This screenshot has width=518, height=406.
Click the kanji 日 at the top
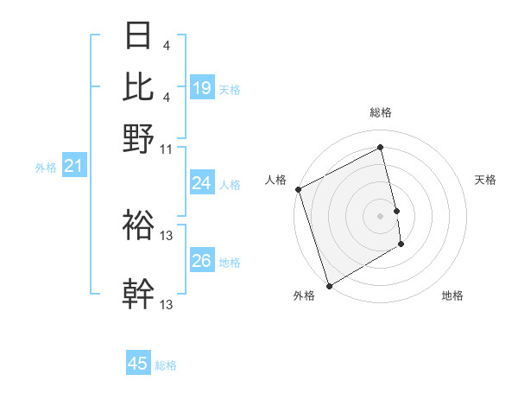pyautogui.click(x=138, y=36)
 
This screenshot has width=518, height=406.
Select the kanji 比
pyautogui.click(x=138, y=86)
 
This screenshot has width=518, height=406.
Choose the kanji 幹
pyautogui.click(x=138, y=294)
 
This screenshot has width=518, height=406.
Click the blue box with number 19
pyautogui.click(x=201, y=87)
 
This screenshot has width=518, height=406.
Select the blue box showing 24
pyautogui.click(x=201, y=183)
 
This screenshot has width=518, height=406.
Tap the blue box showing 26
pyautogui.click(x=201, y=261)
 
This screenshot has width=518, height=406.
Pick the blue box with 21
pyautogui.click(x=73, y=166)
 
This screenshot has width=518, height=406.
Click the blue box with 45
pyautogui.click(x=138, y=364)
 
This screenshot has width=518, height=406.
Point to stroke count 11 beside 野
pyautogui.click(x=167, y=149)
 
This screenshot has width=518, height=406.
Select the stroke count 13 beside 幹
pyautogui.click(x=167, y=304)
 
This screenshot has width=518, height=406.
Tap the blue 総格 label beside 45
pyautogui.click(x=166, y=365)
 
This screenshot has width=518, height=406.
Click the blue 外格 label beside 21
pyautogui.click(x=45, y=168)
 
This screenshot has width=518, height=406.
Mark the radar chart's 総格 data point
pyautogui.click(x=380, y=148)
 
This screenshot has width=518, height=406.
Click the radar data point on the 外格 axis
pyautogui.click(x=329, y=286)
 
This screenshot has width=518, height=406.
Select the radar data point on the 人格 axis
pyautogui.click(x=298, y=189)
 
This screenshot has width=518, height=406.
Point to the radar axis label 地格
pyautogui.click(x=452, y=296)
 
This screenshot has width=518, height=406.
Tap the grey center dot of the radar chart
pyautogui.click(x=380, y=216)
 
